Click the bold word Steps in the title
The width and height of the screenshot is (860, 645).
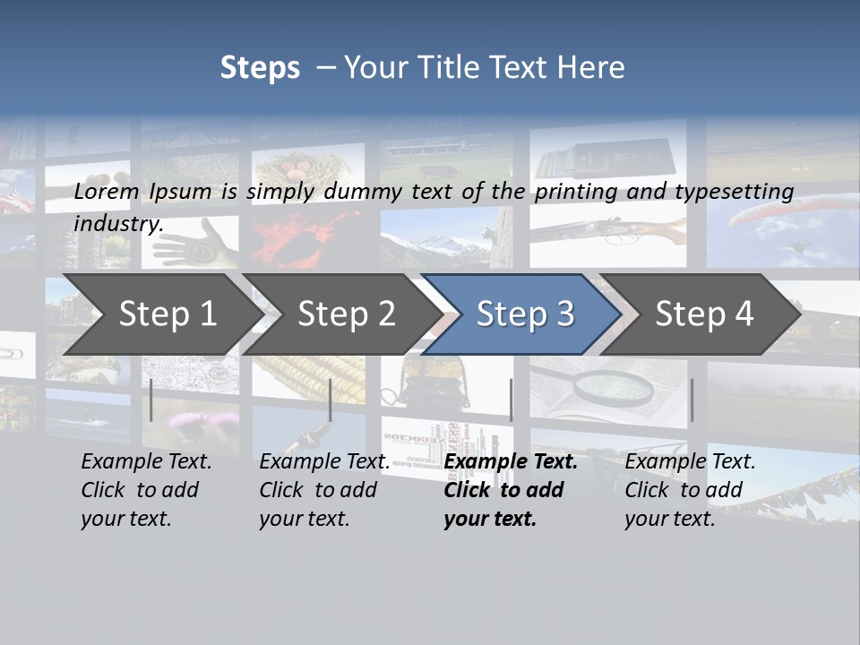pos(260,67)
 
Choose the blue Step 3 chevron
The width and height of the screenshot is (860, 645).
pos(525,314)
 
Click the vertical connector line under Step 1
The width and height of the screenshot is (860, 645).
pos(151,400)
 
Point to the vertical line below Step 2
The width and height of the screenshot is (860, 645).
pos(331,400)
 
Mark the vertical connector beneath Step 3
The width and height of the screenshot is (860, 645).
pos(511,400)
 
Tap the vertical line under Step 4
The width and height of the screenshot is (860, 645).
pos(692,400)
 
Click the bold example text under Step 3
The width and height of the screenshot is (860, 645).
pos(509,490)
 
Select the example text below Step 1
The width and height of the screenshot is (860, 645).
pos(145,490)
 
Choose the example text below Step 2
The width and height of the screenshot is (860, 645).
pos(323,490)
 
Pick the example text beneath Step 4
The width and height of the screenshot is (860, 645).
pos(689,490)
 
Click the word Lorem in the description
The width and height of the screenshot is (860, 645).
pos(107,191)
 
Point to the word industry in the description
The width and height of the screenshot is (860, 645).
pos(117,223)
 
